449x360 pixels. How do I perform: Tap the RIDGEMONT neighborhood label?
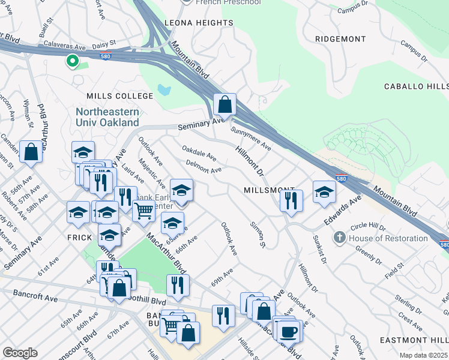(x=340, y=39)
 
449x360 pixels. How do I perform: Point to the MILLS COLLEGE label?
(x=120, y=96)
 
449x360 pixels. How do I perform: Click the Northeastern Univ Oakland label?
(x=108, y=118)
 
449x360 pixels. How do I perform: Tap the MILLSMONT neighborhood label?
(x=269, y=190)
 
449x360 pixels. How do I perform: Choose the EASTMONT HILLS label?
(x=414, y=340)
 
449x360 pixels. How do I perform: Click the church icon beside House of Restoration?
(x=340, y=238)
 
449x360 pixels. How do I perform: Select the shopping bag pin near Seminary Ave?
(x=224, y=104)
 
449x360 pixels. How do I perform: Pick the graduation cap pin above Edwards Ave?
(x=324, y=192)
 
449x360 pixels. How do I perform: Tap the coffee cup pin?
(x=289, y=331)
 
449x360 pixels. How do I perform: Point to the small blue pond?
(x=163, y=91)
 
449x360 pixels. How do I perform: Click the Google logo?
(x=20, y=353)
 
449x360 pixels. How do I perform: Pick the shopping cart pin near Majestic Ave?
(x=143, y=211)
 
